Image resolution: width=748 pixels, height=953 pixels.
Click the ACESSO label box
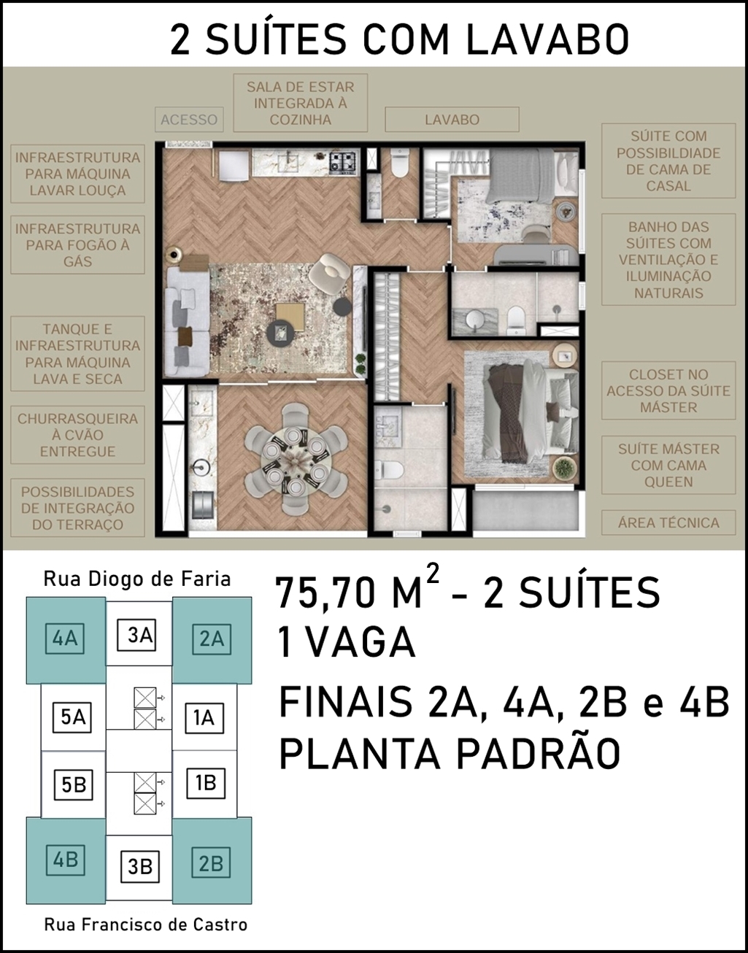pos(189,119)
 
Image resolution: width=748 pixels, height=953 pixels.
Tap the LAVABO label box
pos(452,119)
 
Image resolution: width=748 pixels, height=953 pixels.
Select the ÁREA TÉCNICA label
pos(668,522)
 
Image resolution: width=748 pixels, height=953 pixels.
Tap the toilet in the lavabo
pos(399,163)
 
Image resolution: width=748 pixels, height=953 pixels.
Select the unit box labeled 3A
pos(136,635)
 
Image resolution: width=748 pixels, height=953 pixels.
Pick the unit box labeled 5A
pos(72,717)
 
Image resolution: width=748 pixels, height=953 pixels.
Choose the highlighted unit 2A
pos(212,639)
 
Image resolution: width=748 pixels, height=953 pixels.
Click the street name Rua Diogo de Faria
pos(136,579)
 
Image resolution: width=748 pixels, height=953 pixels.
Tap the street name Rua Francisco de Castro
pos(145,925)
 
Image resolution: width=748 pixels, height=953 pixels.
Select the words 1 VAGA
pos(347,642)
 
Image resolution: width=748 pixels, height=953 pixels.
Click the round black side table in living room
pos(342,306)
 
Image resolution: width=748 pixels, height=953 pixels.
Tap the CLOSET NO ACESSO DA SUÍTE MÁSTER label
pos(668,391)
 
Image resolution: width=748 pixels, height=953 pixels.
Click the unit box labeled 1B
pos(206,783)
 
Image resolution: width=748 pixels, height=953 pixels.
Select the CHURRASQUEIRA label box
pos(77,435)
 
